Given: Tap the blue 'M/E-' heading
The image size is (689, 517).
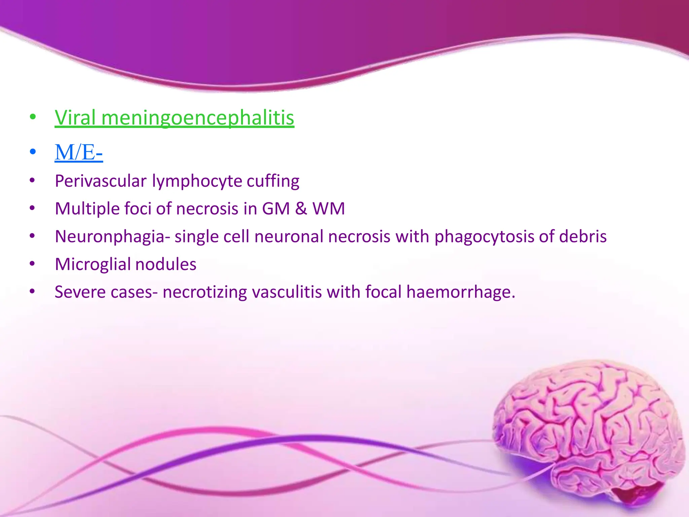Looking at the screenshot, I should [x=79, y=152].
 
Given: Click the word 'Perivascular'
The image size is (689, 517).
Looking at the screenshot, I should [x=101, y=181].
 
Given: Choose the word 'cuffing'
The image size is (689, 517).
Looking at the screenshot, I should [x=273, y=181].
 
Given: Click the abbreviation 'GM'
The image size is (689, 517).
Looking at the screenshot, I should [x=276, y=209].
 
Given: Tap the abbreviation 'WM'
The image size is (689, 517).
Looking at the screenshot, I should [x=329, y=209].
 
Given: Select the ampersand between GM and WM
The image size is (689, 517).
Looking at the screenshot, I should [x=301, y=209].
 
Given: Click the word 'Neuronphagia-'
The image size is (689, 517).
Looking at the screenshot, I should [x=112, y=237].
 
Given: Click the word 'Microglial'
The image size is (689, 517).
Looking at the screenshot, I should [x=93, y=265].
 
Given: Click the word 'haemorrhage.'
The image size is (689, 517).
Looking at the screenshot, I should [x=461, y=292].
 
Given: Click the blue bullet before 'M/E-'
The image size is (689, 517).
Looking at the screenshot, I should [x=33, y=152].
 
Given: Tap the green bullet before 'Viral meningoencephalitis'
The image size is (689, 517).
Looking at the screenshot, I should [x=33, y=117].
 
